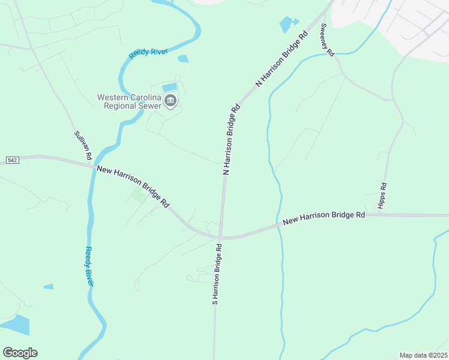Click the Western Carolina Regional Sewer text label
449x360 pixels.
coord(130,101)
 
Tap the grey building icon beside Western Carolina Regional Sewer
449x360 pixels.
coord(170,101)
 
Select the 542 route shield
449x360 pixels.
coord(13,160)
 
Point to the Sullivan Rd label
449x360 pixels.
coord(82,146)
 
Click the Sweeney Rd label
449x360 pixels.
coord(327,40)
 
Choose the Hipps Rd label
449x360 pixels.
coord(382,196)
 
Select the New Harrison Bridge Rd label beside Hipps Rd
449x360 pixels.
coord(324,218)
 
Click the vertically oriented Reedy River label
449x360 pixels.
coord(89,266)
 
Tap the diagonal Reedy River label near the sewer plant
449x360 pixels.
coord(148,53)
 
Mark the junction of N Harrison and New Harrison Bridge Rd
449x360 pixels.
coord(221,236)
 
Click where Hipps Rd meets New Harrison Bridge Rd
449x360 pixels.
coord(379,214)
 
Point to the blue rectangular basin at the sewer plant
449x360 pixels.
coord(170,88)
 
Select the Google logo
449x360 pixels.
coord(20,353)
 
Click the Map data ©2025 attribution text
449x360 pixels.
coord(424,355)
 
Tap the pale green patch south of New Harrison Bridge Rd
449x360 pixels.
coord(140,196)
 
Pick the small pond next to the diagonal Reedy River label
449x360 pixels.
coord(183,59)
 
